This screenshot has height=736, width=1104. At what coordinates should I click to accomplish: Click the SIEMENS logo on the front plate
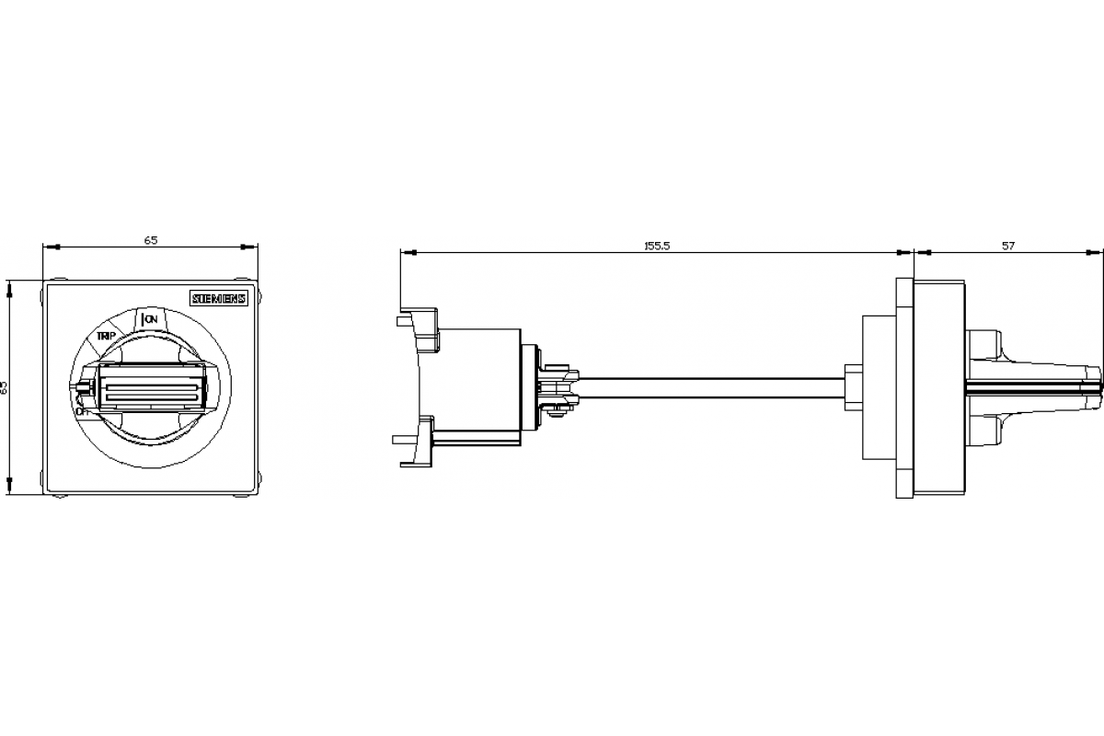click(x=219, y=298)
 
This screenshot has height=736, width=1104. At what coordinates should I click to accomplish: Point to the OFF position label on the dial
click(x=83, y=411)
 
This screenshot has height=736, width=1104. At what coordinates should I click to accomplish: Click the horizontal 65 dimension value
click(x=151, y=240)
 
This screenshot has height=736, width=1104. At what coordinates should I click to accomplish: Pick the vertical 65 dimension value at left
click(x=4, y=387)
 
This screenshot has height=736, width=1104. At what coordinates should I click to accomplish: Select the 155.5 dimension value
click(x=656, y=246)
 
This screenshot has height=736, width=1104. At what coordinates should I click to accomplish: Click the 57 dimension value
click(x=1008, y=246)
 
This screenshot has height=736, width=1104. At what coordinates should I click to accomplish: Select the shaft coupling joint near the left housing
click(x=556, y=388)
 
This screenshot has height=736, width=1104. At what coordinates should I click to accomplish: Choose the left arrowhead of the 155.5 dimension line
click(x=406, y=251)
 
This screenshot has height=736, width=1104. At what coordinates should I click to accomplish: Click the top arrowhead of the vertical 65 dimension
click(x=10, y=288)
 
